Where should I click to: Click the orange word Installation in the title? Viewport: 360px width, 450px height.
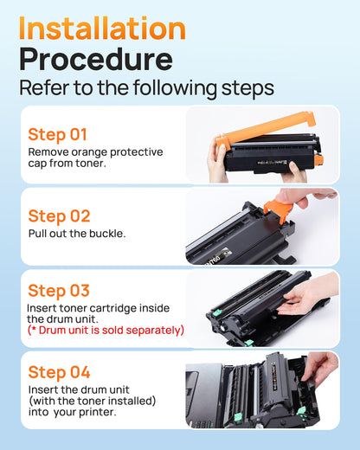pos(102,28)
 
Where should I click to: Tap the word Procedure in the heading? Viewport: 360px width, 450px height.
pos(95,60)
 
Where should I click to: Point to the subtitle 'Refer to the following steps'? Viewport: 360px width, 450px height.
pos(146,88)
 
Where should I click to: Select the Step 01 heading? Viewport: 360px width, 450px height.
pos(58,134)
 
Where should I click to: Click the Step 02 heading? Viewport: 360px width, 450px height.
pos(59,215)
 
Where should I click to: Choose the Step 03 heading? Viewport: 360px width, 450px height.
pos(59,291)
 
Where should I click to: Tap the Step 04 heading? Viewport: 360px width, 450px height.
pos(59,372)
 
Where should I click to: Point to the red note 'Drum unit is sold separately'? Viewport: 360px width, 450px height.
pos(107,330)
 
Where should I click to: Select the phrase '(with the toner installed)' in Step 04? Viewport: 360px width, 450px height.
pos(93,401)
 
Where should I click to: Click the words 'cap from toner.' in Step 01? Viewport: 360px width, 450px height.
pos(67,164)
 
